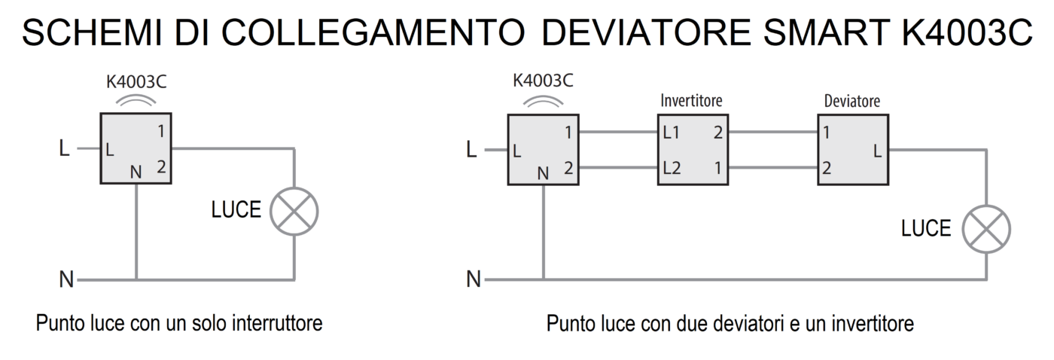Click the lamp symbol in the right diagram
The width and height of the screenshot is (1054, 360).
(x=986, y=228)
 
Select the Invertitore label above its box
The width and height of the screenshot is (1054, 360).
(x=691, y=100)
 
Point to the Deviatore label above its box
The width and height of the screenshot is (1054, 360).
(x=852, y=100)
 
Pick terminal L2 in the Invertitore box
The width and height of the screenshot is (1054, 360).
(x=672, y=168)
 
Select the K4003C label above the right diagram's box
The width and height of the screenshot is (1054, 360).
(x=542, y=81)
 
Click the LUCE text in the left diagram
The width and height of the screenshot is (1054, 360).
(x=236, y=210)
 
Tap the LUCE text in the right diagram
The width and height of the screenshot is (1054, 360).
(x=926, y=228)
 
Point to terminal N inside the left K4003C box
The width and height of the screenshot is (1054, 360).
(x=136, y=172)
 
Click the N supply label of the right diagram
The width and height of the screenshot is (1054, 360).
(x=473, y=280)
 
